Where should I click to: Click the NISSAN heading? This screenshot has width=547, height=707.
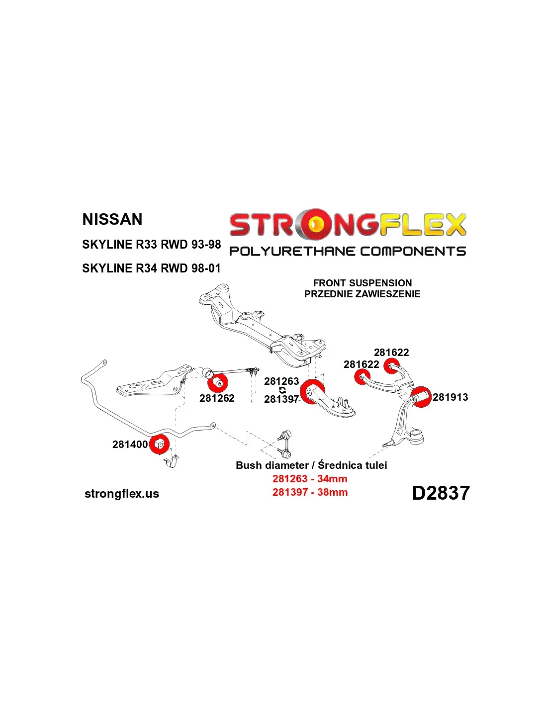tap(112, 219)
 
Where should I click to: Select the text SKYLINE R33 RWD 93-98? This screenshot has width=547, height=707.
tap(151, 244)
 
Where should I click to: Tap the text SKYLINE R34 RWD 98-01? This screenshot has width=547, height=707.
tap(151, 268)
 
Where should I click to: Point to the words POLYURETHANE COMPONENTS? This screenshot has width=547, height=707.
tap(348, 251)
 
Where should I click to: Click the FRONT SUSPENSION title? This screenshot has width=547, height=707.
tap(362, 283)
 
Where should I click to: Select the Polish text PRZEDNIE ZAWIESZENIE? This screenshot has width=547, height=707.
tap(362, 294)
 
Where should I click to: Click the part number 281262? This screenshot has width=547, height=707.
tap(217, 398)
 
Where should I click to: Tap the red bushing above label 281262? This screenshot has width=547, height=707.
tap(218, 383)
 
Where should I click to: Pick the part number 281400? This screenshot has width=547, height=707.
tap(130, 444)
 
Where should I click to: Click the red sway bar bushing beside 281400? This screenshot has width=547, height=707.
tap(159, 444)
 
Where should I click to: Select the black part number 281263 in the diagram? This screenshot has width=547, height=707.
tap(281, 381)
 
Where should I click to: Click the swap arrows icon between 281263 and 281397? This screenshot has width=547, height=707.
tap(282, 390)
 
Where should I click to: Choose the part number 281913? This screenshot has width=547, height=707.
tap(450, 397)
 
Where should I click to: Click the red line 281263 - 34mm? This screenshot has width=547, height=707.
tap(310, 479)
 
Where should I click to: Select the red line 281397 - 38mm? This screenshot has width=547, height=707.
tap(310, 492)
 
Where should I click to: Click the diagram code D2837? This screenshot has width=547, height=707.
tap(441, 493)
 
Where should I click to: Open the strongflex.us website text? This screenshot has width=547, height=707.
tap(122, 494)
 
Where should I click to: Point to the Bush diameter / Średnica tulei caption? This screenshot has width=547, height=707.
tap(311, 465)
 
